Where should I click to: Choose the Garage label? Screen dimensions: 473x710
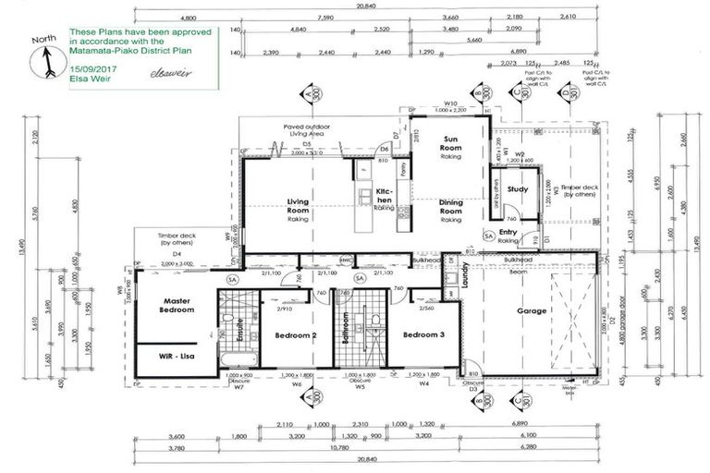(x=533, y=311)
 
